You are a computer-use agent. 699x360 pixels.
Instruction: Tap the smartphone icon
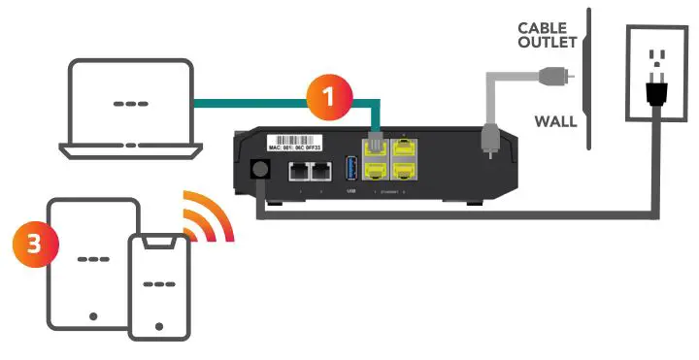click(x=158, y=284)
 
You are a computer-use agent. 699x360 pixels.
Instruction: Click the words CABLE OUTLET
click(x=547, y=35)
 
